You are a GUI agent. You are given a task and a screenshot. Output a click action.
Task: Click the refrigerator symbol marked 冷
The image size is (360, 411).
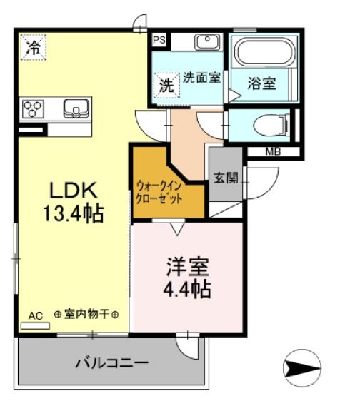tap(33, 48)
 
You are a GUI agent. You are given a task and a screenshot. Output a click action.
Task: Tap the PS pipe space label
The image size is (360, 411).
tap(159, 41)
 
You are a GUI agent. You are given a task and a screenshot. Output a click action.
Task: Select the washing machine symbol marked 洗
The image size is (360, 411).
tap(166, 85)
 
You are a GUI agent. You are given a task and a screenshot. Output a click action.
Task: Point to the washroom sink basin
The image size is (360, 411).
tap(207, 42)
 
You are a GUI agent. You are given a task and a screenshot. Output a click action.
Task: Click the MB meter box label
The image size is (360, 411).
tap(273, 151)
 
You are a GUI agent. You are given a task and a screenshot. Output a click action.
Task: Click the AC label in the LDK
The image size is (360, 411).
tap(35, 315)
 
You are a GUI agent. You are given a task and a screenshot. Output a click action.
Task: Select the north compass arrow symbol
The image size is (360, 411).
tap(304, 369)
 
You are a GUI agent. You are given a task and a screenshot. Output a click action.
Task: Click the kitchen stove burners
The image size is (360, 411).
tap(33, 108)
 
